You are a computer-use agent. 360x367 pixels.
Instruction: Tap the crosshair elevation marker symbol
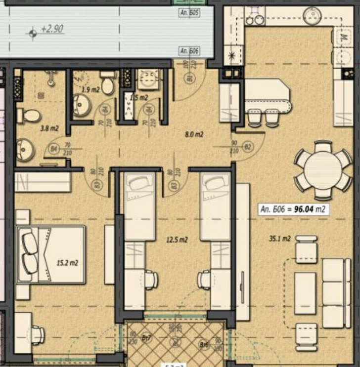33,33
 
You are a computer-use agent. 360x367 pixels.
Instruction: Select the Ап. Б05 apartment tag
190,13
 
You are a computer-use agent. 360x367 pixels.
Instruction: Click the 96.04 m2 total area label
293,209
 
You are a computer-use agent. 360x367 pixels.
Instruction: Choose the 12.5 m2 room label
177,240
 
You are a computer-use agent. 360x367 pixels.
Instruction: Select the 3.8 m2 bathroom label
49,129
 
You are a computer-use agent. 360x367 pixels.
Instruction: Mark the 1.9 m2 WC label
90,89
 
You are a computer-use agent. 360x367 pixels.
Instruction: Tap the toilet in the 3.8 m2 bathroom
29,116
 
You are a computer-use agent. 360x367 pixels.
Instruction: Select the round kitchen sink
313,15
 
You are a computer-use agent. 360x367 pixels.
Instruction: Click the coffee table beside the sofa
305,293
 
